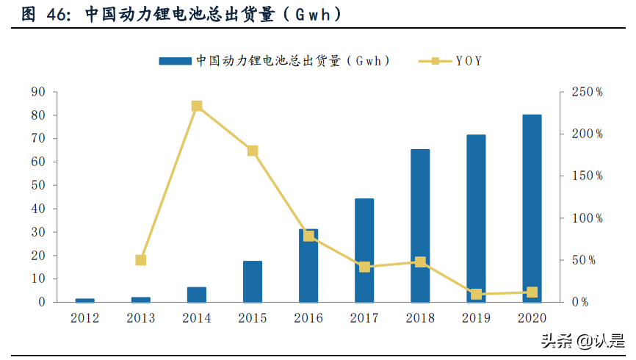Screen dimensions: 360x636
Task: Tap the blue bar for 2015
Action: point(253,282)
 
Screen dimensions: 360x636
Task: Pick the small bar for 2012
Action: point(85,300)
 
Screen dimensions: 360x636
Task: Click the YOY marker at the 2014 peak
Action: point(197,106)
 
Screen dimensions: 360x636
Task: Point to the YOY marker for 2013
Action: point(141,260)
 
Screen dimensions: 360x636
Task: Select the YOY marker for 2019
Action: point(476,295)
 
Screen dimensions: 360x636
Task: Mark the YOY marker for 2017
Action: point(364,267)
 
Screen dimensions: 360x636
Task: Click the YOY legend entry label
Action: point(469,61)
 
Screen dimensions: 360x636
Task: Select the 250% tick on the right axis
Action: point(587,92)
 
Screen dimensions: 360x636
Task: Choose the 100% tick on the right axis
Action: point(587,218)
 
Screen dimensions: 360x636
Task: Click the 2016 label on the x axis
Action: point(308,318)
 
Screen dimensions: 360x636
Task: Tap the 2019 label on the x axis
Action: point(476,318)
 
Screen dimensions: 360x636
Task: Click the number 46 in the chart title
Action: point(57,14)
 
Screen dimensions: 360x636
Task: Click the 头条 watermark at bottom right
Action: point(556,340)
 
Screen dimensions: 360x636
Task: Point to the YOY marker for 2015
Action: point(253,151)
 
